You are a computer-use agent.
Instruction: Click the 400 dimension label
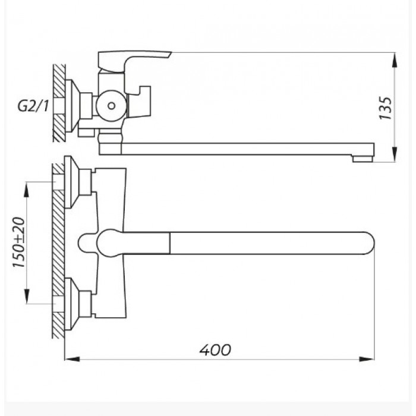pos(215,350)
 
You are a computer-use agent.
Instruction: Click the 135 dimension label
pos(385,108)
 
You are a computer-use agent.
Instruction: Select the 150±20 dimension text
pos(19,242)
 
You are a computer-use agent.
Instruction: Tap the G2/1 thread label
pos(33,106)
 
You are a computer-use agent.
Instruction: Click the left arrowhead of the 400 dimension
pos(72,359)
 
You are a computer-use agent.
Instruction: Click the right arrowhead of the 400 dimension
pos(367,359)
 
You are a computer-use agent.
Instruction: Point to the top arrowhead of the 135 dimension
pos(395,60)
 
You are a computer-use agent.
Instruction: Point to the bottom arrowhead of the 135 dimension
pos(395,154)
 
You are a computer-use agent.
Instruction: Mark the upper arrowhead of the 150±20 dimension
pos(27,190)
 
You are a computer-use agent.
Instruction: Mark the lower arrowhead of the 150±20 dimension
pos(27,296)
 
